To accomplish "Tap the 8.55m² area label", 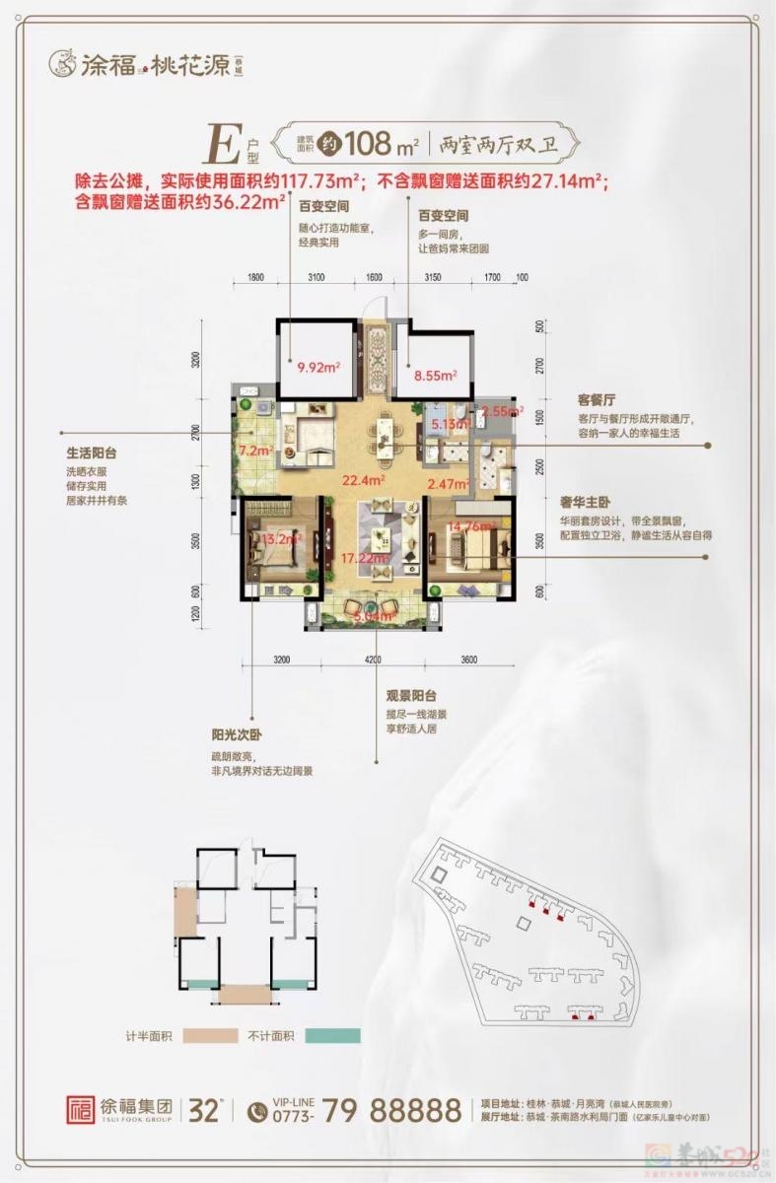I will tap(435, 375).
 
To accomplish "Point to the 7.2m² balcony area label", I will tap(255, 450).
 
